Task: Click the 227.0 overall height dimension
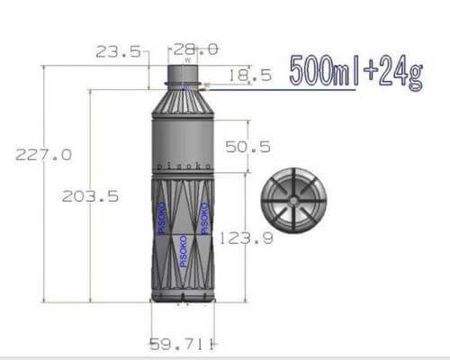point(42,154)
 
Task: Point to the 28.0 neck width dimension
point(197,49)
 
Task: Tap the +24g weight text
point(391,74)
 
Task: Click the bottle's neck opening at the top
point(184,72)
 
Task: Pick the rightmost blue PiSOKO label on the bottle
point(206,219)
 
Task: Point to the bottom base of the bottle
point(184,296)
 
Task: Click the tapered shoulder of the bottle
point(184,99)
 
